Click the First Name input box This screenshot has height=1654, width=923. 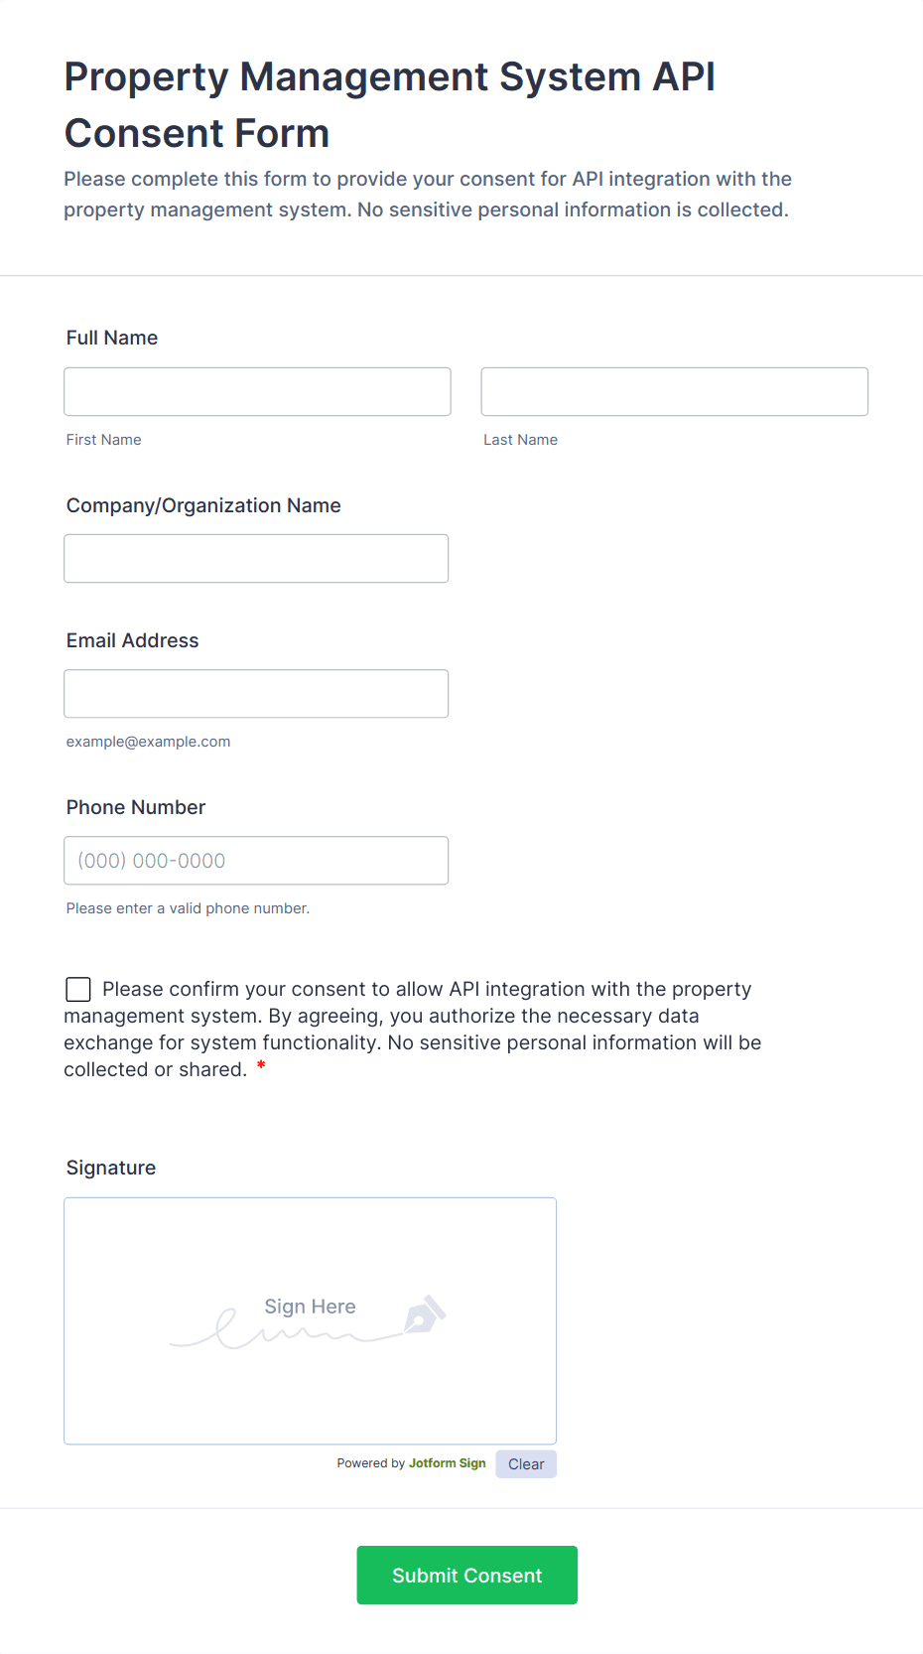click(x=257, y=391)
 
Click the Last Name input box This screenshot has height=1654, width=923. click(x=674, y=391)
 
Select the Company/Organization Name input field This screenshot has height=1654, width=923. click(x=256, y=558)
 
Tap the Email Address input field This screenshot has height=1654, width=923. click(x=256, y=693)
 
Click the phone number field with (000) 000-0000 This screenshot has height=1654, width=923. click(x=256, y=860)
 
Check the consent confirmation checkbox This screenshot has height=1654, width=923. click(x=78, y=989)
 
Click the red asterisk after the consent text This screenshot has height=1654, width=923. click(x=261, y=1066)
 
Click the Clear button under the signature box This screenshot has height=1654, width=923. click(x=526, y=1464)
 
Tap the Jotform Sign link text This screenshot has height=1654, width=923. click(x=447, y=1463)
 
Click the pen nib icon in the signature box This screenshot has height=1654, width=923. click(x=425, y=1314)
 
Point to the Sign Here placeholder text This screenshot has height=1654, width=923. click(x=310, y=1307)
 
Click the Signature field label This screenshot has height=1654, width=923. click(x=111, y=1168)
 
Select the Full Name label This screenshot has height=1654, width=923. click(x=112, y=338)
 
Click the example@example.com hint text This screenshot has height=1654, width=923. click(x=148, y=742)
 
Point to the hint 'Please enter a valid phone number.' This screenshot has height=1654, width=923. click(x=188, y=908)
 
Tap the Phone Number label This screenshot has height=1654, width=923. click(x=136, y=807)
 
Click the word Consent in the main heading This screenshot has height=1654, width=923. click(x=197, y=134)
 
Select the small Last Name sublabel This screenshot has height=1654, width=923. click(x=520, y=440)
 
